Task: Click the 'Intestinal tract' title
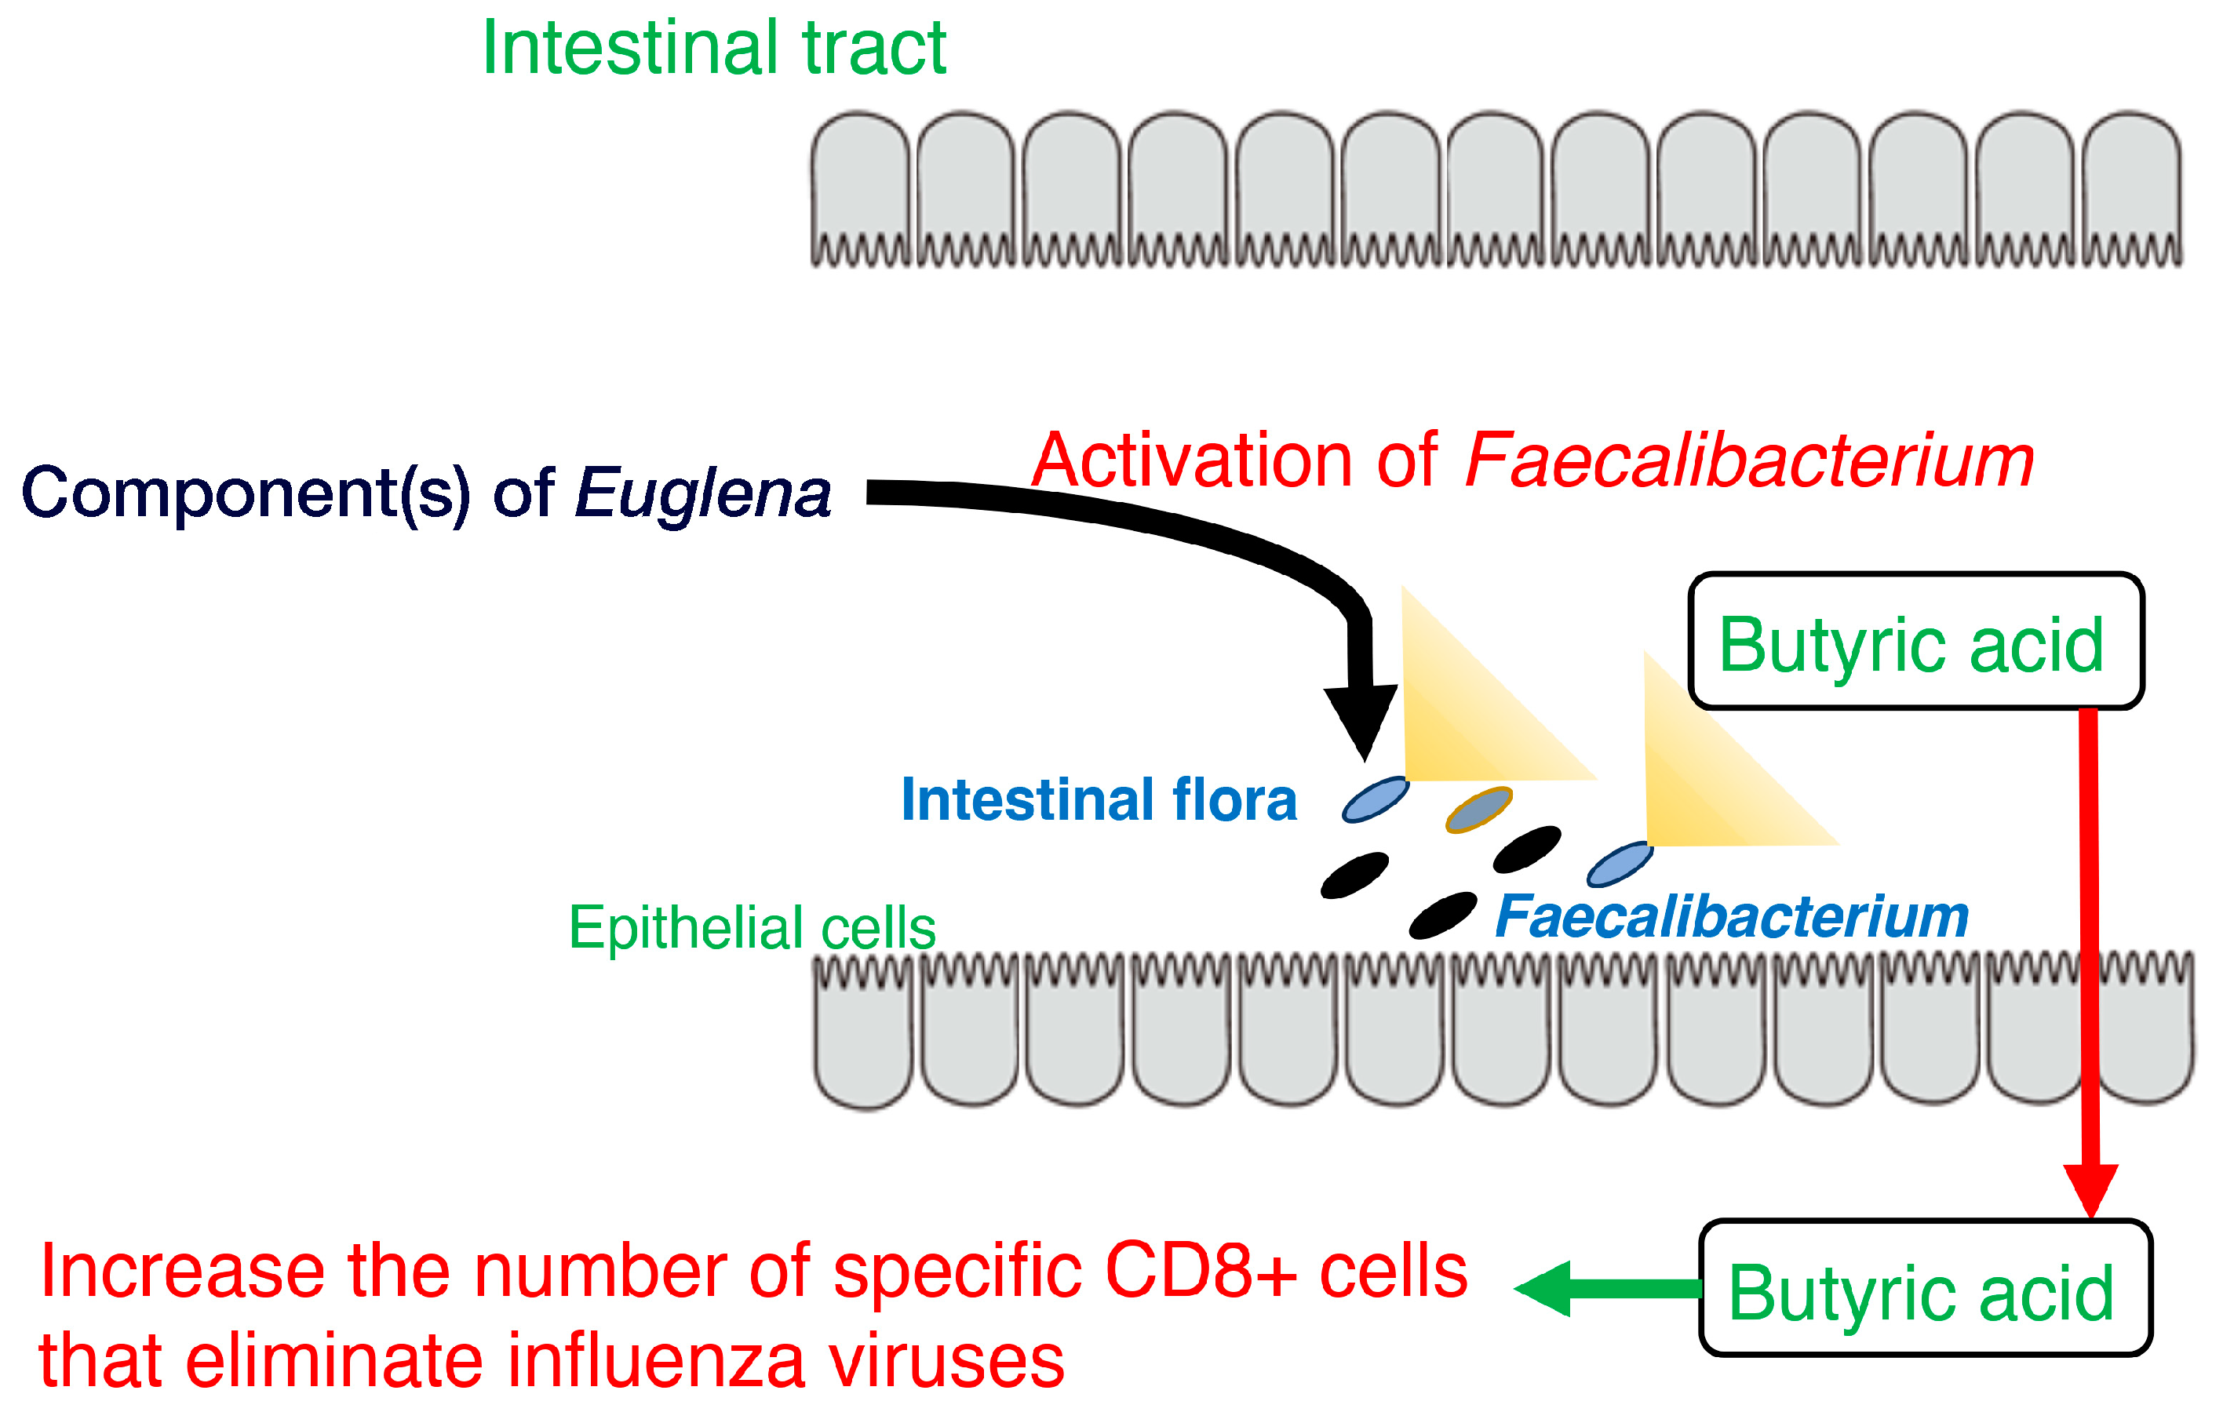[x=713, y=48]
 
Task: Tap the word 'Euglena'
[x=702, y=493]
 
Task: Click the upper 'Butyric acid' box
[x=1915, y=642]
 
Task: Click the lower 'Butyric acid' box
[x=1924, y=1290]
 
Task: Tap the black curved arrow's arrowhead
[x=1361, y=719]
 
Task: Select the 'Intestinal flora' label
[x=1099, y=799]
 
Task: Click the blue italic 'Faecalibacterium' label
[x=1731, y=918]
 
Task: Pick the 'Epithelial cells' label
[x=752, y=928]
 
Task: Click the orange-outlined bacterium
[x=1479, y=809]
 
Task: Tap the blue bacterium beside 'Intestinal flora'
[x=1376, y=799]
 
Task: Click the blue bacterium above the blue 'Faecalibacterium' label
[x=1620, y=864]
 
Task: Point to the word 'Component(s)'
[x=245, y=493]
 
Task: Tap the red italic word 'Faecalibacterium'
[x=1750, y=461]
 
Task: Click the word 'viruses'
[x=946, y=1362]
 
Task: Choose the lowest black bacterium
[x=1442, y=915]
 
